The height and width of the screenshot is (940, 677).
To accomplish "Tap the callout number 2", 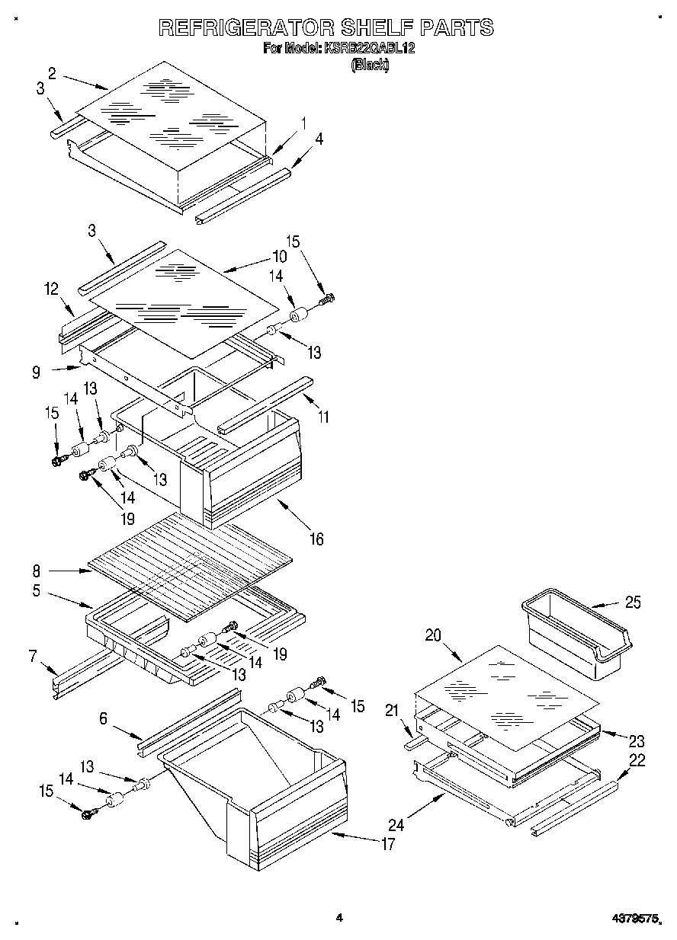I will click(52, 73).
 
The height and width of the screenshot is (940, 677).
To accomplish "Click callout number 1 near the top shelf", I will click(303, 122).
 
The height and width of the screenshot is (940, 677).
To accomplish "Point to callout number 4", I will click(319, 139).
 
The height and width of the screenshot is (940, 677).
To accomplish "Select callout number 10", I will click(279, 257).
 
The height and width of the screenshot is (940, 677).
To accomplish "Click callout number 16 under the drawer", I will click(316, 539).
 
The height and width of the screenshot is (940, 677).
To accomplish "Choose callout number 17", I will click(388, 843).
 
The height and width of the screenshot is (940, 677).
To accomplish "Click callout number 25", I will click(632, 603).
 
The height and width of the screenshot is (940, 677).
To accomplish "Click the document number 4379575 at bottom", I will click(637, 918).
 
